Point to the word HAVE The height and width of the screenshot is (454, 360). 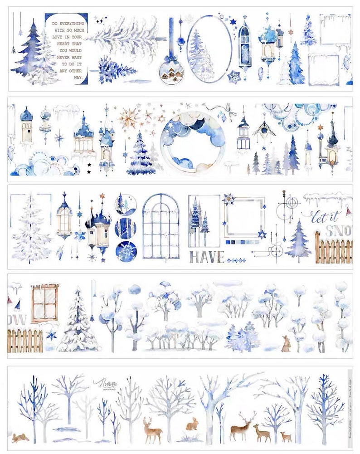pos(206,257)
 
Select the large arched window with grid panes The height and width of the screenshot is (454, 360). pos(161,226)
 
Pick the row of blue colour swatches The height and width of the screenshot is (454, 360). pos(239,242)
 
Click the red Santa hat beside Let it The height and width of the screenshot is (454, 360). pos(348,212)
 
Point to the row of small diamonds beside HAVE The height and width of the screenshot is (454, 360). pos(236,260)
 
